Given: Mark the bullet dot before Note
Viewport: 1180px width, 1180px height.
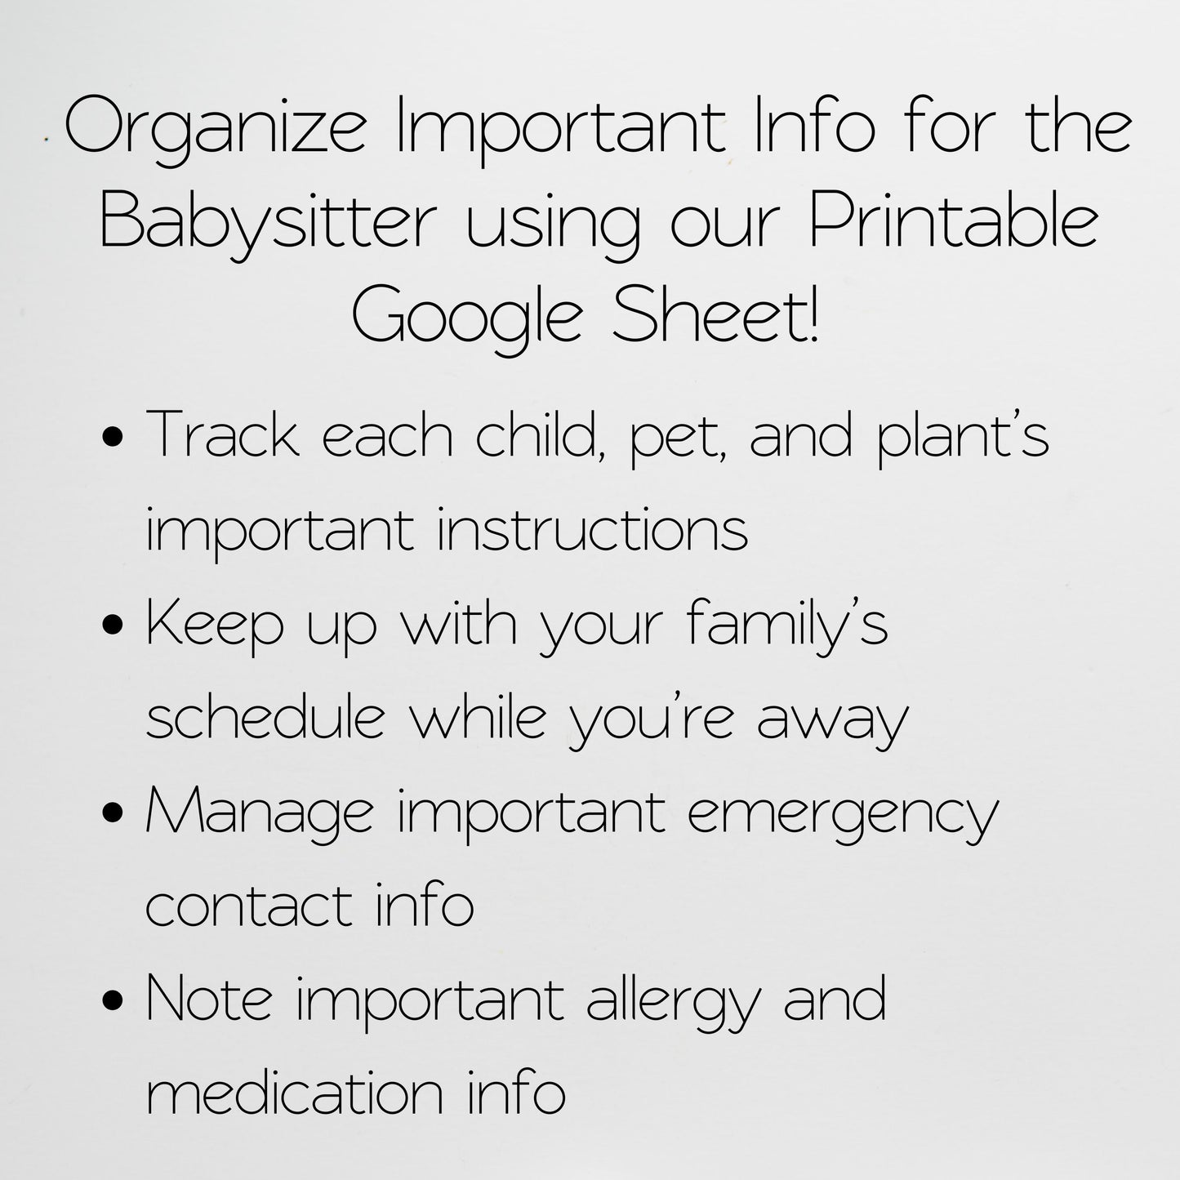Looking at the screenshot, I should [x=115, y=1001].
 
